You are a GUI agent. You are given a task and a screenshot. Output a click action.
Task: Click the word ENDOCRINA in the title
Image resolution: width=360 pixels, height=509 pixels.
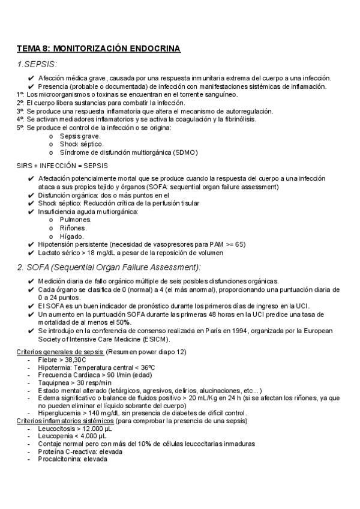point(152,49)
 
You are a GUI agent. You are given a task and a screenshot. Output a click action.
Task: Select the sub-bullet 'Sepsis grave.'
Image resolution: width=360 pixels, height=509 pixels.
point(80,136)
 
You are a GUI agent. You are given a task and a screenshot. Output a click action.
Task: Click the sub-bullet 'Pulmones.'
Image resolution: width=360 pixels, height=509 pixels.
point(77,220)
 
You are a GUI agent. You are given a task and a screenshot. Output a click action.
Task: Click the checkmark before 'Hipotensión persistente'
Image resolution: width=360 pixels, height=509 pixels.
point(31,244)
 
